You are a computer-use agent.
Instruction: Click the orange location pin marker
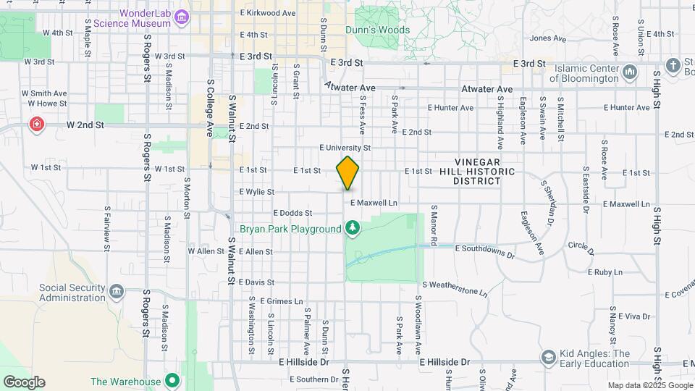347,173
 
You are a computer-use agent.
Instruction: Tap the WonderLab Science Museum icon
182,17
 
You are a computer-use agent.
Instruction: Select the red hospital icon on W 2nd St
35,125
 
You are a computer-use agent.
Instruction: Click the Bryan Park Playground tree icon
353,230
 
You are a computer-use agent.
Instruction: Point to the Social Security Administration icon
117,293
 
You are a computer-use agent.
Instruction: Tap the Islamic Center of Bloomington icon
629,72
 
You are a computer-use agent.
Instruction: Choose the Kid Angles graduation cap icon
549,358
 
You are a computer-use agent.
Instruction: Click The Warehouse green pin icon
172,381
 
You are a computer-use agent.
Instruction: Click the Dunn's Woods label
378,30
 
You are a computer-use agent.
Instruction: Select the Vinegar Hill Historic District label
484,172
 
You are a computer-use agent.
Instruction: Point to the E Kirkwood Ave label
268,13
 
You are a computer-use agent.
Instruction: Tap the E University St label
345,148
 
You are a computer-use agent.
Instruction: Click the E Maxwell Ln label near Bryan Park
374,203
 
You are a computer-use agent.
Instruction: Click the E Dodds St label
292,213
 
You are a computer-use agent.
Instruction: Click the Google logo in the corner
24,382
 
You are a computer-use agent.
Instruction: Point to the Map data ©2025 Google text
649,386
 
